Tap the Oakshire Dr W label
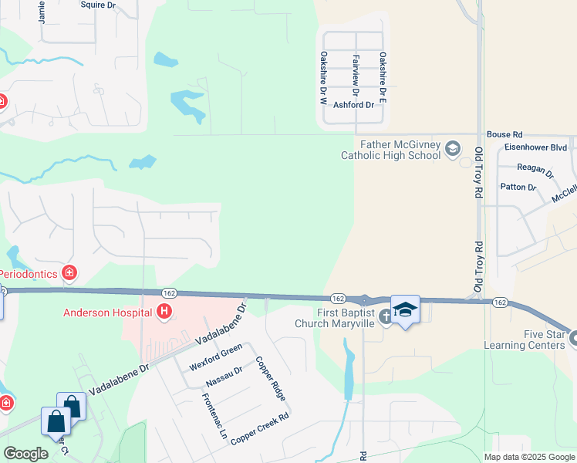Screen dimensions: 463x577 coord(324,78)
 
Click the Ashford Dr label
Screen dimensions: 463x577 coord(353,105)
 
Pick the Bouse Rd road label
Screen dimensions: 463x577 coord(504,133)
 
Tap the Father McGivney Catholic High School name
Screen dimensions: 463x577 coord(391,150)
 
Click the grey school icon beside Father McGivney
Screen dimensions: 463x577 coord(453,149)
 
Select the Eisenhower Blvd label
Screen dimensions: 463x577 coord(535,147)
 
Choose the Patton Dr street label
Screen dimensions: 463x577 coord(518,187)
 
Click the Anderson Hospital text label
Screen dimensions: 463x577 coord(108,312)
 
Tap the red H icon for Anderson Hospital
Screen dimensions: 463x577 coord(164,312)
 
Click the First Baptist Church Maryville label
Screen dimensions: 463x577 coord(346,318)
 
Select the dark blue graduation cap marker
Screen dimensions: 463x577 coord(405,309)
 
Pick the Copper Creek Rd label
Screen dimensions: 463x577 coord(259,426)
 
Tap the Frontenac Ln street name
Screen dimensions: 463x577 coord(214,417)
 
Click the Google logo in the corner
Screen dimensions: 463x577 coord(25,454)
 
